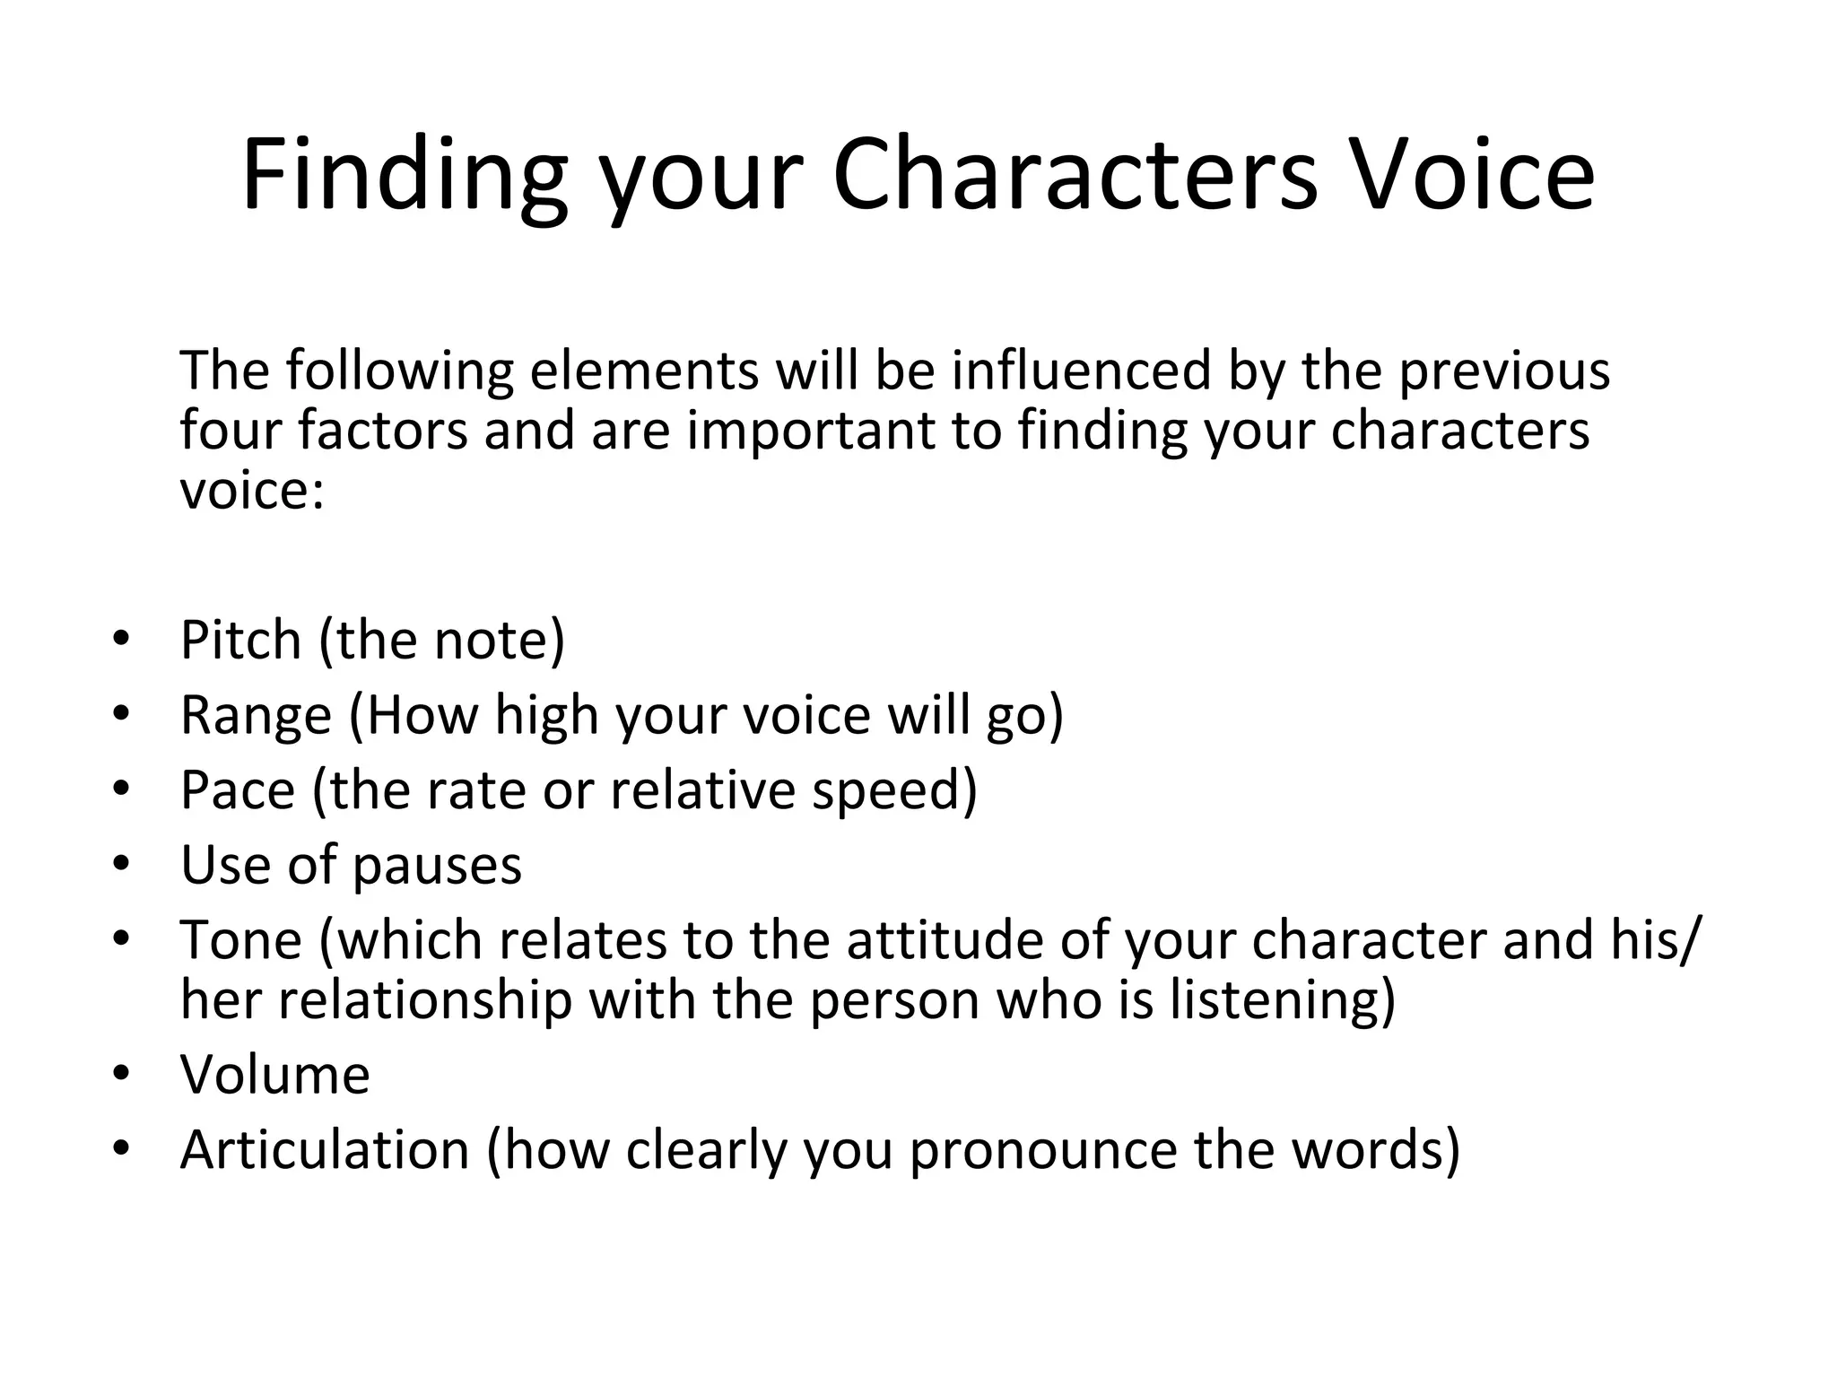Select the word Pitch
tap(240, 640)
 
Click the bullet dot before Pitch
tap(122, 640)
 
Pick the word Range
tap(257, 715)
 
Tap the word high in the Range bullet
tap(546, 715)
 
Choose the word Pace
tap(238, 790)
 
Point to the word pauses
tap(437, 866)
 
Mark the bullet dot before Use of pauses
tap(122, 864)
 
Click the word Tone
tap(241, 940)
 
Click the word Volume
tap(274, 1075)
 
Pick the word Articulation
tap(325, 1150)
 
